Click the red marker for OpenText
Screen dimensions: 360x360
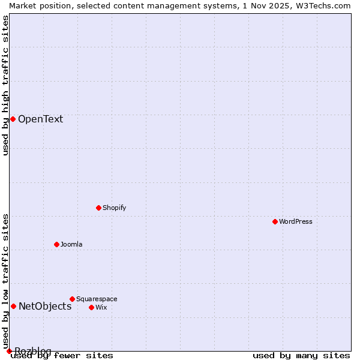[x=13, y=119]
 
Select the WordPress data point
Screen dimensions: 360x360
[x=275, y=221]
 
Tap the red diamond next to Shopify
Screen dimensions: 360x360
[x=98, y=208]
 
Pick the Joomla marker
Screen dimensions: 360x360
[x=56, y=244]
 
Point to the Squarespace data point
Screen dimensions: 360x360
[x=72, y=299]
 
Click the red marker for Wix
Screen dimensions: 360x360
[x=91, y=307]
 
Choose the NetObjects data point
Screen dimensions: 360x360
[x=13, y=306]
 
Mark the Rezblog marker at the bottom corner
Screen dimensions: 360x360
[x=9, y=351]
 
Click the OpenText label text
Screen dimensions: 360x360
[x=40, y=119]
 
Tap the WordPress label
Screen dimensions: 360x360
[x=296, y=221]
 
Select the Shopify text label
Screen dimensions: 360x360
[x=114, y=208]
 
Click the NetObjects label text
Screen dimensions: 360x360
[x=45, y=306]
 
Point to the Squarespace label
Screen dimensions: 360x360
[x=97, y=299]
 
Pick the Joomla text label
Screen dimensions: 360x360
[x=71, y=244]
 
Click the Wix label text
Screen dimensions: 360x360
[x=101, y=307]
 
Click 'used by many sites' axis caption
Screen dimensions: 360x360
[x=301, y=355]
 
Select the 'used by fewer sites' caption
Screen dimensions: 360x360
[x=62, y=355]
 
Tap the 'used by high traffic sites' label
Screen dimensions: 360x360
[x=5, y=85]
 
